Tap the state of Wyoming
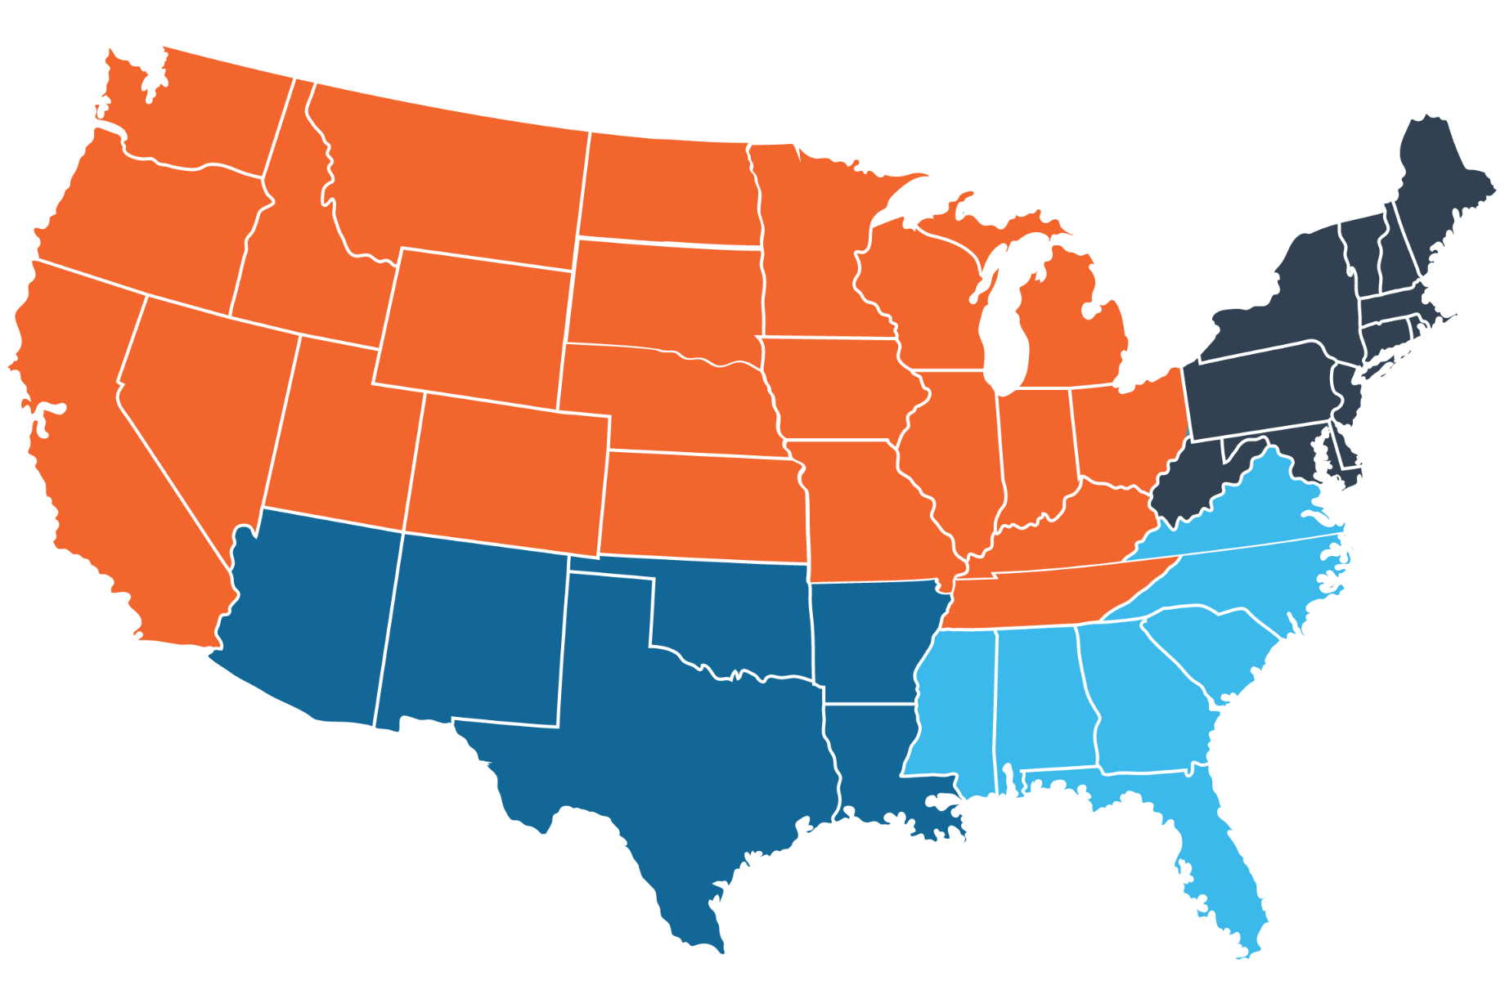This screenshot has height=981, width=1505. (474, 319)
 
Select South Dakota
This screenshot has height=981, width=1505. (663, 294)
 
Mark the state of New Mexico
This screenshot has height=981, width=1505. (470, 629)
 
